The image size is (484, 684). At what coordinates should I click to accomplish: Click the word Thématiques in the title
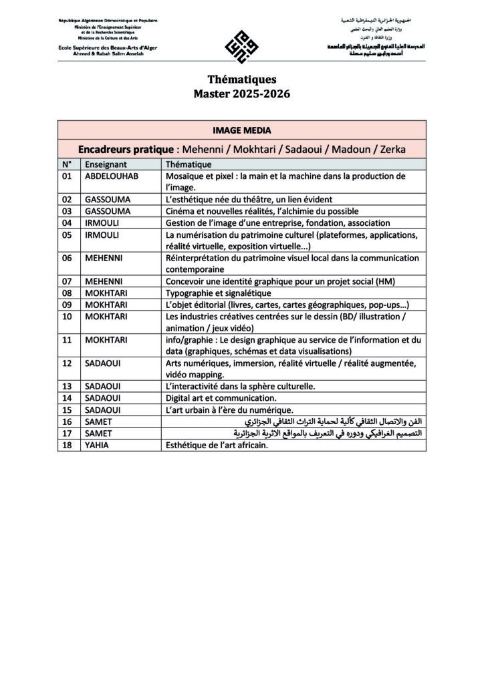241,79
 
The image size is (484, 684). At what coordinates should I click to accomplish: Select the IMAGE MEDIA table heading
241,130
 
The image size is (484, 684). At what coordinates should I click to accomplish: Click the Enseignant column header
106,164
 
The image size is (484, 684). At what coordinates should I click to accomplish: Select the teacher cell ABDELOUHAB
112,176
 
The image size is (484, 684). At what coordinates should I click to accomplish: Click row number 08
66,293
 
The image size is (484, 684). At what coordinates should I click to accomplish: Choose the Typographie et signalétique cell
218,293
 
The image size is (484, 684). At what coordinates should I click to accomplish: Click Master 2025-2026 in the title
241,94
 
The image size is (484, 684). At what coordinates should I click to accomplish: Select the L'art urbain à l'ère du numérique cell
229,409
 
